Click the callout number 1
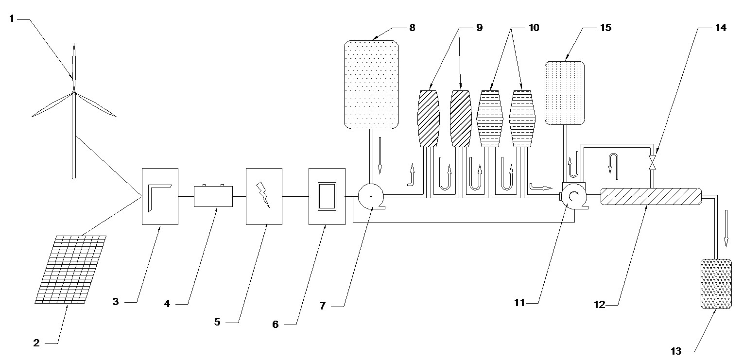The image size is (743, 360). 12,18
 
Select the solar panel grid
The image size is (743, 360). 70,270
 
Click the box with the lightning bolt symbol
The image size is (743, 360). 264,197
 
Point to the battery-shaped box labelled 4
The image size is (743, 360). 213,196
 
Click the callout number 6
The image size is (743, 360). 276,325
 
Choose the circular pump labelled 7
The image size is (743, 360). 371,197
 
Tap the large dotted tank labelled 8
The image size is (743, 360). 371,85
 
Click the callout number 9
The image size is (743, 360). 479,28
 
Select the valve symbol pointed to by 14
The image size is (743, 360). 653,162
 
